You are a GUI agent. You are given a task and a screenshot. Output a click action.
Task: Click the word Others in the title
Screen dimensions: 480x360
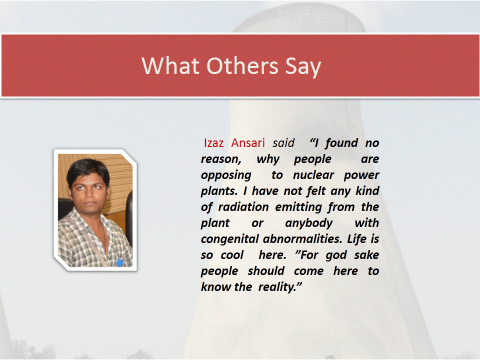click(x=242, y=65)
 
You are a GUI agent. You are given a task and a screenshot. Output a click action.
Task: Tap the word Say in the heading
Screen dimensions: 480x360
click(x=303, y=67)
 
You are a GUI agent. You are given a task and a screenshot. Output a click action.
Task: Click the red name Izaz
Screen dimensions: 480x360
click(x=213, y=143)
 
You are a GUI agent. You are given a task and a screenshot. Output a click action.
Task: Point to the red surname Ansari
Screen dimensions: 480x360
click(x=248, y=143)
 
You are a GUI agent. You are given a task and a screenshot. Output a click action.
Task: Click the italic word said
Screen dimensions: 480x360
click(x=283, y=143)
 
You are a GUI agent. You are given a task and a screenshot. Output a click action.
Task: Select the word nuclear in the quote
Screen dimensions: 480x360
click(x=313, y=175)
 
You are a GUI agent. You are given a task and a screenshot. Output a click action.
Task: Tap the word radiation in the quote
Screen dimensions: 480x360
click(x=243, y=207)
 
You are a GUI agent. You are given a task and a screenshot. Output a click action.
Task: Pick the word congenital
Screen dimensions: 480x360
click(x=229, y=239)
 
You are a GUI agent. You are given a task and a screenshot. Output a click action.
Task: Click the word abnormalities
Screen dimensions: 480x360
click(x=302, y=239)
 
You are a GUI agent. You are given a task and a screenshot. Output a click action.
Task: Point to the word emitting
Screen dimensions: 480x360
click(x=298, y=207)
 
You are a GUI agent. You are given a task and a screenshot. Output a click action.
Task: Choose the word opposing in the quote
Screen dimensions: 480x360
click(x=226, y=175)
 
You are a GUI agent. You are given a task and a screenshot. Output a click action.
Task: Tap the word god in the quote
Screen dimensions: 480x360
click(x=336, y=255)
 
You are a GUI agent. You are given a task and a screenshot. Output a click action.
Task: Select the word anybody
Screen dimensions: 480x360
click(x=308, y=223)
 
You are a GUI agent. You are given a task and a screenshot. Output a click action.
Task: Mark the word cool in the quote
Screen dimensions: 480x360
click(x=232, y=254)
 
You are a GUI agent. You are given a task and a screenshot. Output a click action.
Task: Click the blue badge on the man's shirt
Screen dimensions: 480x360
click(x=119, y=262)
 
